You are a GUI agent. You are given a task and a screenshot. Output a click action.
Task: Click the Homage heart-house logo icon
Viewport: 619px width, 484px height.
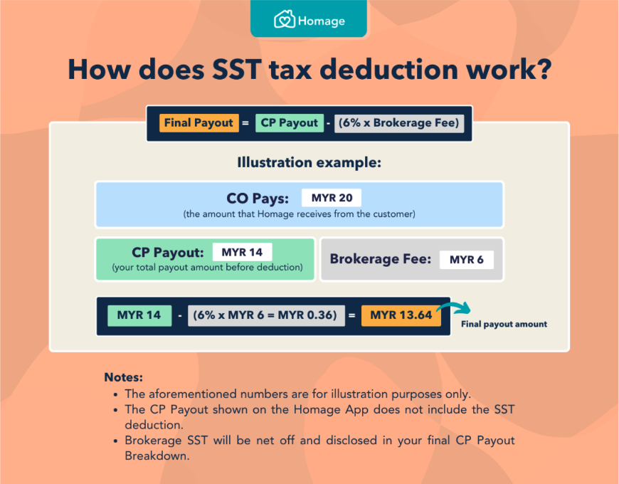284,19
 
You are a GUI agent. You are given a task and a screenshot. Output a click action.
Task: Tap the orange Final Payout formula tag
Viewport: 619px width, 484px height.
199,122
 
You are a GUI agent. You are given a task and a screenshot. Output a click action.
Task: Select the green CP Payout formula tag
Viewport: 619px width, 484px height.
290,122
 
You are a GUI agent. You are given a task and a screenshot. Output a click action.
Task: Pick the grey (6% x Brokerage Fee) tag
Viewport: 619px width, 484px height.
399,123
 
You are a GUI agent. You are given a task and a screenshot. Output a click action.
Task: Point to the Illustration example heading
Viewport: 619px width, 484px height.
309,162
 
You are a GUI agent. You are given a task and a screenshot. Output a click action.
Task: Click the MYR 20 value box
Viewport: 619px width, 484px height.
332,198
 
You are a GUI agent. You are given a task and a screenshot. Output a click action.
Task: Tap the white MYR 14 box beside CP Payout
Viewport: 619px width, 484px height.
242,252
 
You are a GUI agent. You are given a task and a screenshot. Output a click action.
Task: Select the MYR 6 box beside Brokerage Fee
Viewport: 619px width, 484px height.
467,260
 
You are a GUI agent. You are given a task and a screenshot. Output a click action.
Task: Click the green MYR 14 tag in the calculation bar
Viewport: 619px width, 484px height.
139,315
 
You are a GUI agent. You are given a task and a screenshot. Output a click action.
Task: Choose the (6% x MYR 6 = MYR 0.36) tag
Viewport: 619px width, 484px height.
266,315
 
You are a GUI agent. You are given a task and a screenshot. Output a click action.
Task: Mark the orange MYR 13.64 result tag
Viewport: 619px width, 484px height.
401,315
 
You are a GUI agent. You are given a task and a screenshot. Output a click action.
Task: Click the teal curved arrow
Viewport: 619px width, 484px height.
455,307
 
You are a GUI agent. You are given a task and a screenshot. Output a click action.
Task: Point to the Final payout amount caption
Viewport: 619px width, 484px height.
504,324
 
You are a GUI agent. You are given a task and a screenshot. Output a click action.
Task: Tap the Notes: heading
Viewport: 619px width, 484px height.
124,377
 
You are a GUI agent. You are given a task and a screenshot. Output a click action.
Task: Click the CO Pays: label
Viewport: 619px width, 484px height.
258,198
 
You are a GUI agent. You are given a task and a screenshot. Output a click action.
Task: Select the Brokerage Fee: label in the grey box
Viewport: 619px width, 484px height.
381,259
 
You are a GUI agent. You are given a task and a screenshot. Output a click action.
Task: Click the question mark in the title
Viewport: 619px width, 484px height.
544,70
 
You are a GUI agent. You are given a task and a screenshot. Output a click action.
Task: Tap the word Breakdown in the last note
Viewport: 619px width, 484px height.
157,456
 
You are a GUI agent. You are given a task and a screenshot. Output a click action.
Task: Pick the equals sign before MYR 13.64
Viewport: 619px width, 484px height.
351,315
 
